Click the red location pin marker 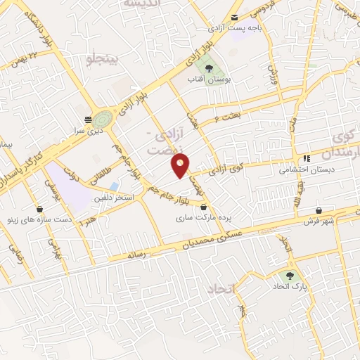180,166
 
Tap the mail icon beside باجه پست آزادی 235,18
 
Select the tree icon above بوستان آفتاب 209,69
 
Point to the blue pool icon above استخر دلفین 114,186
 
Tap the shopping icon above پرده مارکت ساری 204,207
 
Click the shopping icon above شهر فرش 319,210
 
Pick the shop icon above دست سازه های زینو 39,209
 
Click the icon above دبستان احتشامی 307,158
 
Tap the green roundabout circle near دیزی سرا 103,118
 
